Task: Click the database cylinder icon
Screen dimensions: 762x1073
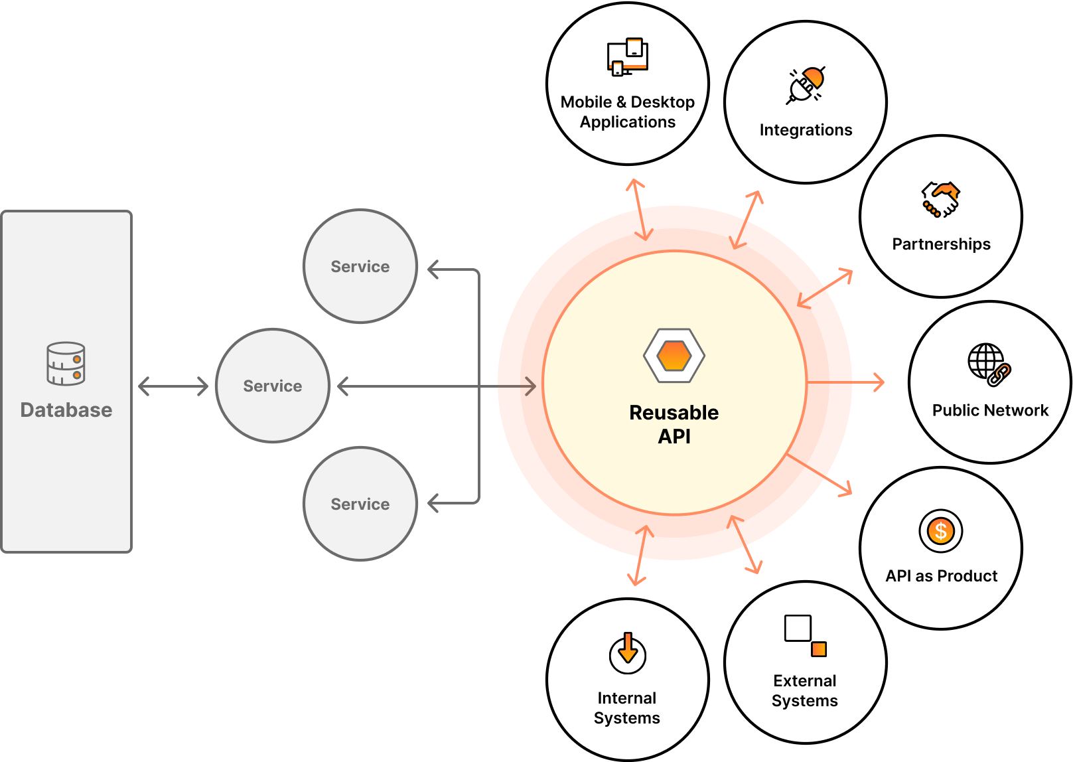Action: tap(66, 363)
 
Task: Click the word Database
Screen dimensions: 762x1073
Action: tap(66, 410)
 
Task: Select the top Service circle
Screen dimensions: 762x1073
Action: tap(360, 266)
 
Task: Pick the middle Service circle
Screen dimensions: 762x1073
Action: tap(273, 386)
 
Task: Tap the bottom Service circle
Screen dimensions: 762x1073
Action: tap(360, 504)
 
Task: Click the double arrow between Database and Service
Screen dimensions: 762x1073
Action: tap(173, 386)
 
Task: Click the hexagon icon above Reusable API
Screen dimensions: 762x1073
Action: tap(674, 356)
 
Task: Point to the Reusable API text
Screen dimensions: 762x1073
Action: tap(674, 424)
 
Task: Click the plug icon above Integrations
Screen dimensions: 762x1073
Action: tap(806, 86)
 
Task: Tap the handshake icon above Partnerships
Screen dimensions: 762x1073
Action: tap(940, 199)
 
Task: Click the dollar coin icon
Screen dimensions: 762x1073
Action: tap(940, 530)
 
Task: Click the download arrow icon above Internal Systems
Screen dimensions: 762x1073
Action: tap(627, 652)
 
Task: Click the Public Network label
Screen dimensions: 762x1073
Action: tap(990, 410)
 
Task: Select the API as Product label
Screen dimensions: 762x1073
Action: tap(941, 576)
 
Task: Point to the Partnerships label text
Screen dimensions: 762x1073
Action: tap(941, 244)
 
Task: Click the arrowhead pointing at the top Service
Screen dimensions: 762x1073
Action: tap(433, 269)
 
